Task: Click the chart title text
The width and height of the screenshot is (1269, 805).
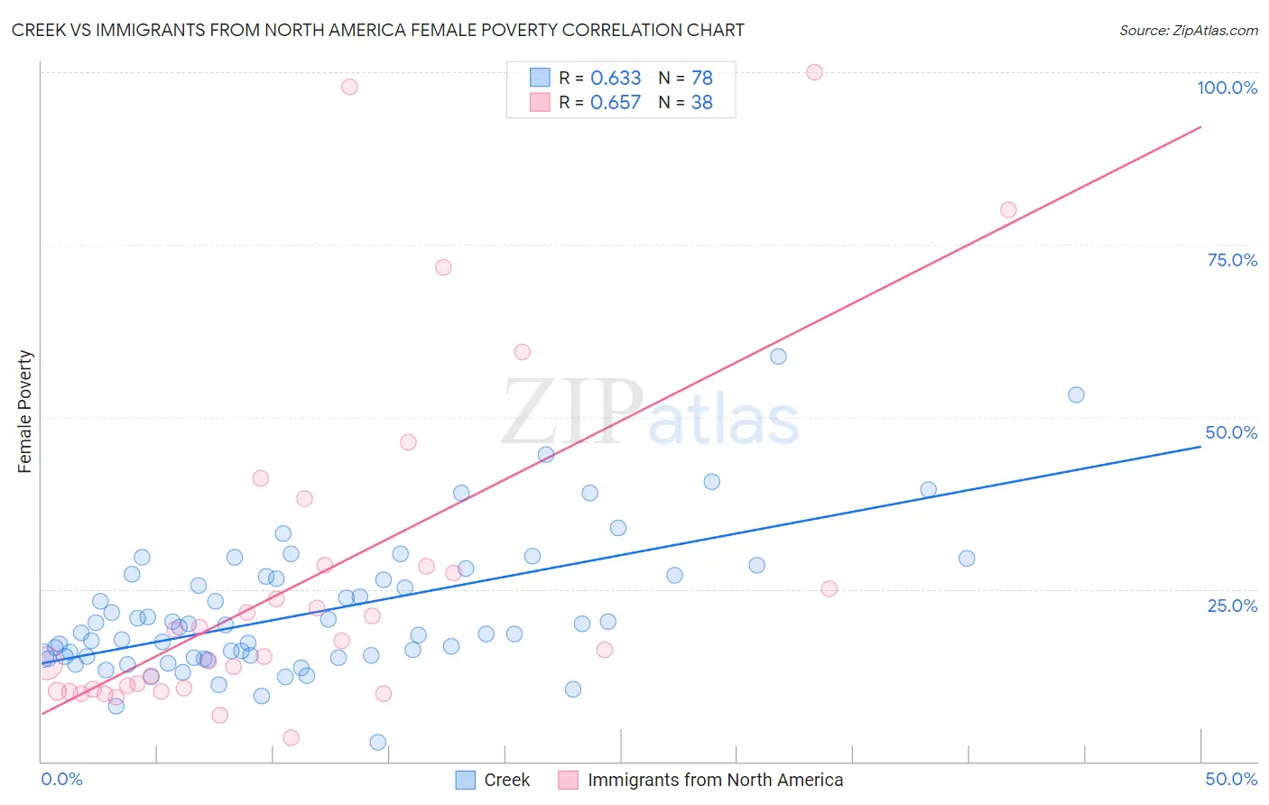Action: [x=378, y=30]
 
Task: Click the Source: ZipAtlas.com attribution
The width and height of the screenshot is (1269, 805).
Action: [x=1188, y=30]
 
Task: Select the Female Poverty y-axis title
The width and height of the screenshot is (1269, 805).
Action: [x=25, y=412]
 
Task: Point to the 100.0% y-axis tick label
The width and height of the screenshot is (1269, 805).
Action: [x=1227, y=88]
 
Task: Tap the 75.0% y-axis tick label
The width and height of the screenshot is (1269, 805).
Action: [x=1232, y=260]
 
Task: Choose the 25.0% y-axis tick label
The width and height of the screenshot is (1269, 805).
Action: [x=1232, y=606]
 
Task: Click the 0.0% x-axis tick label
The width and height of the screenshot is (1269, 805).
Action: [x=61, y=779]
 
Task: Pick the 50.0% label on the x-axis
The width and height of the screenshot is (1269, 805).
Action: [x=1231, y=779]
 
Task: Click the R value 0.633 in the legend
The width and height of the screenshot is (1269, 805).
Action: [x=616, y=79]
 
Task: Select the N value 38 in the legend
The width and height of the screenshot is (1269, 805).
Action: [x=701, y=103]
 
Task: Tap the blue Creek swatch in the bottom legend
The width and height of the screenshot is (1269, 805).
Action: [x=466, y=780]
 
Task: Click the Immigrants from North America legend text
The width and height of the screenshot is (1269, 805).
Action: [x=715, y=780]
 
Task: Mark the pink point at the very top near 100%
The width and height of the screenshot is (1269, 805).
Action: [x=814, y=72]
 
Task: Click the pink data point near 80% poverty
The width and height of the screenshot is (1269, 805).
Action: [x=1008, y=210]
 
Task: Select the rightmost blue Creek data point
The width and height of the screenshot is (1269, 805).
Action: [x=1076, y=394]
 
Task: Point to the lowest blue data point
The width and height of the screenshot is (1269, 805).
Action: [x=378, y=742]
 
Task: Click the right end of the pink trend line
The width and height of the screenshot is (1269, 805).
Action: [x=1200, y=127]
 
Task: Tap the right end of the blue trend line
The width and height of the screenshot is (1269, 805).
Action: [x=1200, y=446]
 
